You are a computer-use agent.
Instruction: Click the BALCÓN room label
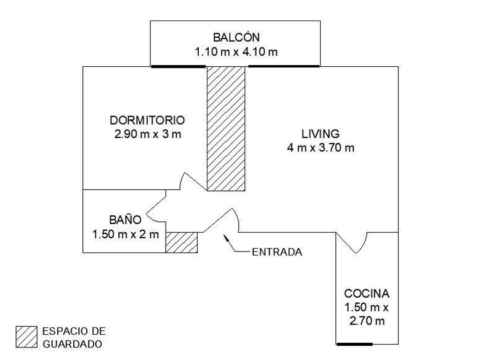[236, 38]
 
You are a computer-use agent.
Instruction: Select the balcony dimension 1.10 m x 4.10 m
[236, 52]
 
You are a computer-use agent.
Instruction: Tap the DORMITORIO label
[147, 121]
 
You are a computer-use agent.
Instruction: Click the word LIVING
[321, 134]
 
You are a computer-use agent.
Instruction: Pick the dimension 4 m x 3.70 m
[321, 148]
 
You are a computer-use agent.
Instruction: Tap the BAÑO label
[125, 219]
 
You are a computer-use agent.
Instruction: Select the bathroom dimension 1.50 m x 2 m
[125, 234]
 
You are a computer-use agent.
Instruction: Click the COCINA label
[367, 294]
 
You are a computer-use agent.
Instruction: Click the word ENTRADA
[277, 251]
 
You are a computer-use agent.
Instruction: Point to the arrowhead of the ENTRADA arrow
[225, 236]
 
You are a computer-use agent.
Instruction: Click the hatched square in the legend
[26, 337]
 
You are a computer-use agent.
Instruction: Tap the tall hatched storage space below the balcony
[226, 129]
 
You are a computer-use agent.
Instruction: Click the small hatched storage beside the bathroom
[181, 242]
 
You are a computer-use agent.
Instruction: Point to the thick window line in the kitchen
[354, 344]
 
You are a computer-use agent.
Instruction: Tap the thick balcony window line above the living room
[283, 66]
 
